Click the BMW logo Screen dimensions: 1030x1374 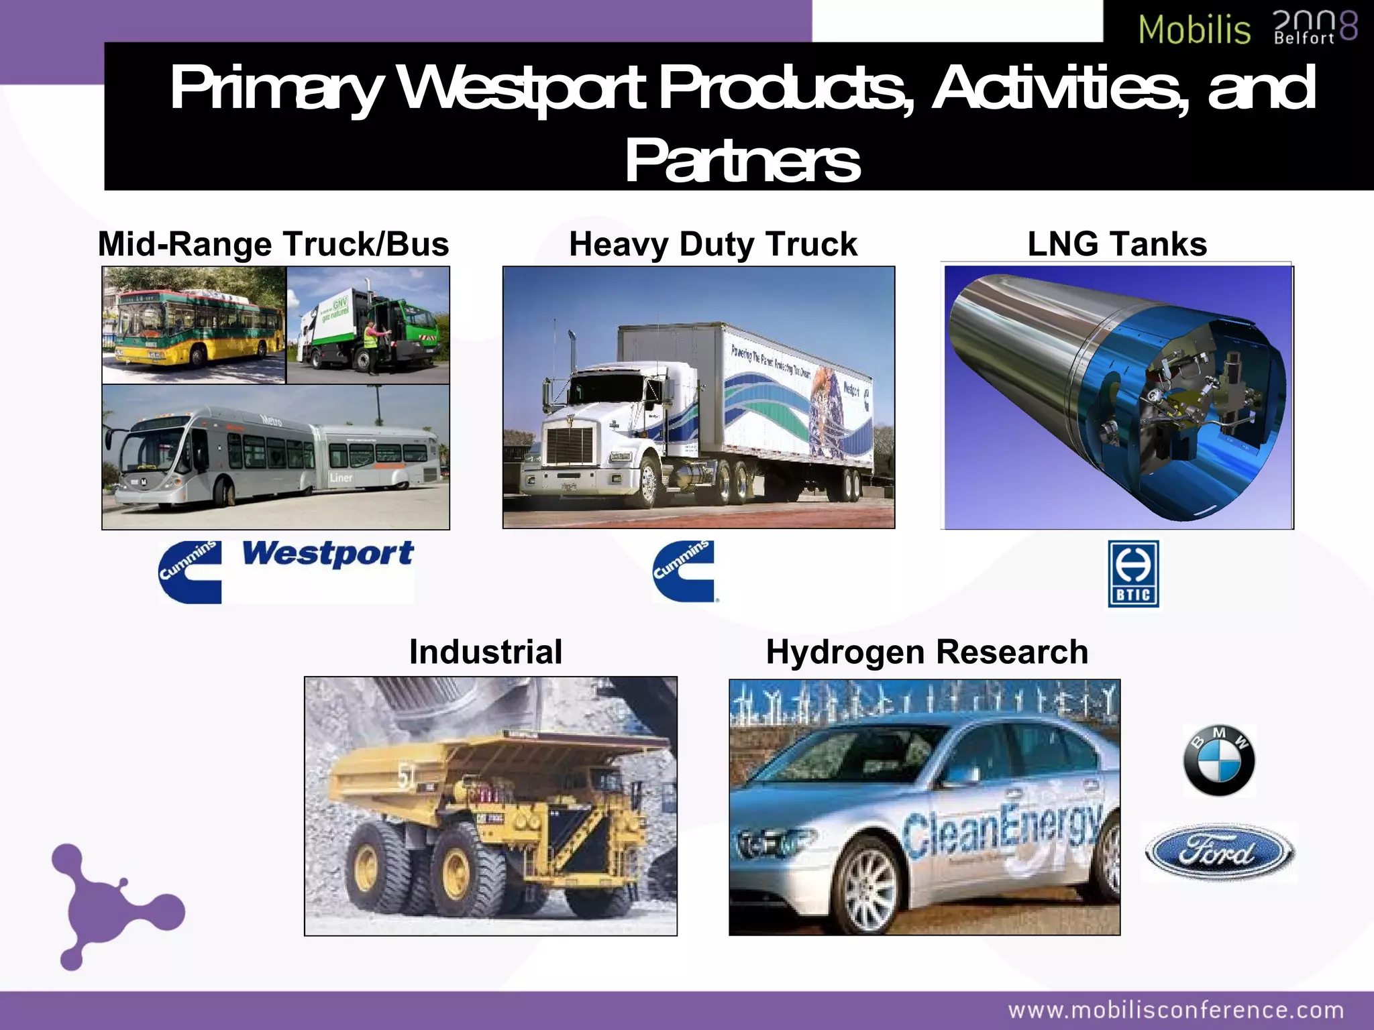[1218, 760]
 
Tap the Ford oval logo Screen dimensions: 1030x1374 [1219, 852]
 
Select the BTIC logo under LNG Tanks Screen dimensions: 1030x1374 [1133, 574]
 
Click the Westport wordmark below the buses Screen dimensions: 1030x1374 [327, 555]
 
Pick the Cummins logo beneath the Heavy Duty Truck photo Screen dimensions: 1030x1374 [684, 571]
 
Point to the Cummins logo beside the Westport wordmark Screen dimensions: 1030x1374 [190, 572]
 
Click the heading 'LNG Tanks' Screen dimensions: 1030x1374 [1117, 244]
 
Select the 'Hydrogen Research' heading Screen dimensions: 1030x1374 [927, 652]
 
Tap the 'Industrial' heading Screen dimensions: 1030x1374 [486, 652]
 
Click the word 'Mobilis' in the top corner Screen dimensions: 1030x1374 [1194, 30]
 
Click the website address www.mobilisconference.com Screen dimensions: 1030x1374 [1176, 1010]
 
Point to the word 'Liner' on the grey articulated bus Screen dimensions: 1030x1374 [341, 477]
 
